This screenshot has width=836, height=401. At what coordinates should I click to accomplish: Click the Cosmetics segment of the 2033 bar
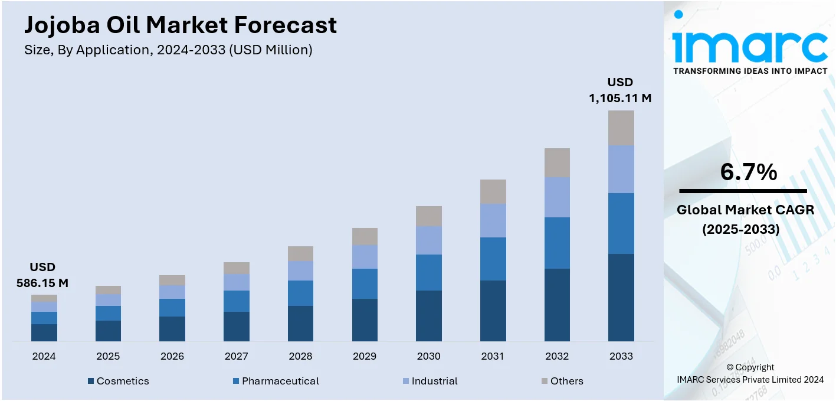(x=621, y=298)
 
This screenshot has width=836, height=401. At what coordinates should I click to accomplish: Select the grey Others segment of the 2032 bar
(x=557, y=162)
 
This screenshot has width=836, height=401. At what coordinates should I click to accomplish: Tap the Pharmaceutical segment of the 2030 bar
(x=429, y=272)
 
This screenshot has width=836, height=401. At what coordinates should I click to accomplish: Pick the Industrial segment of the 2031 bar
(x=493, y=221)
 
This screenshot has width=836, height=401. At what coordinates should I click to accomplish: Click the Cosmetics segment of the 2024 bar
(x=44, y=332)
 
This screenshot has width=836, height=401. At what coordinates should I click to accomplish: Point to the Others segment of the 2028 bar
(x=300, y=254)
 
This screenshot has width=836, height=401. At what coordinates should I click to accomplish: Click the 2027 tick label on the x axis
(x=236, y=356)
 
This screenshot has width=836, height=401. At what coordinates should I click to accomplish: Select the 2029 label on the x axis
(x=365, y=356)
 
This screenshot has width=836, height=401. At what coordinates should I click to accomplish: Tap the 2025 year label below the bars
(x=108, y=356)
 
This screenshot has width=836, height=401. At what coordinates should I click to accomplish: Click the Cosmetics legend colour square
(x=91, y=382)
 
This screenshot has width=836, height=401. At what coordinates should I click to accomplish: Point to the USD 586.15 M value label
(x=42, y=275)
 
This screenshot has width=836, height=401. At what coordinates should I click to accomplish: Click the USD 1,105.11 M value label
(x=620, y=90)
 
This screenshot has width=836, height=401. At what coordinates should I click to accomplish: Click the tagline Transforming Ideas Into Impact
(x=750, y=71)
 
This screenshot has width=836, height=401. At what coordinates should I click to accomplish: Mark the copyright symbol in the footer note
(x=730, y=367)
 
